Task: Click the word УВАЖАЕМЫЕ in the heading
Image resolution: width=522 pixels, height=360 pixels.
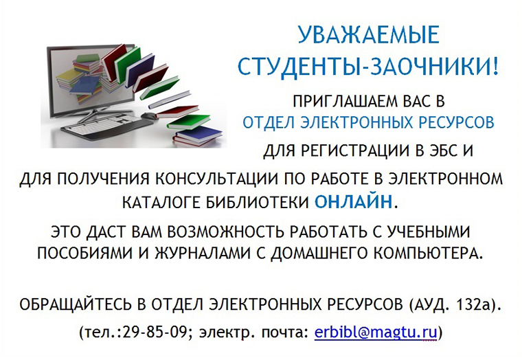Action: point(368,34)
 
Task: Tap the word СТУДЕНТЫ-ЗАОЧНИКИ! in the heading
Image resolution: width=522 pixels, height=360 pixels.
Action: point(368,67)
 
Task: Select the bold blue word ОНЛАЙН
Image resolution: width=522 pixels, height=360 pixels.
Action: point(353,201)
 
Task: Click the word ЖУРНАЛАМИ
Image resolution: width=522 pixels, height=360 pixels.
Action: point(203,254)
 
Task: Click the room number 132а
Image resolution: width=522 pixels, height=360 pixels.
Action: point(474,304)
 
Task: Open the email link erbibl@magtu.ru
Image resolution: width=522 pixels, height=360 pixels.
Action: point(376,333)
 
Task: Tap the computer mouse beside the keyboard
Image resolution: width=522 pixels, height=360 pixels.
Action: point(149,115)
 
